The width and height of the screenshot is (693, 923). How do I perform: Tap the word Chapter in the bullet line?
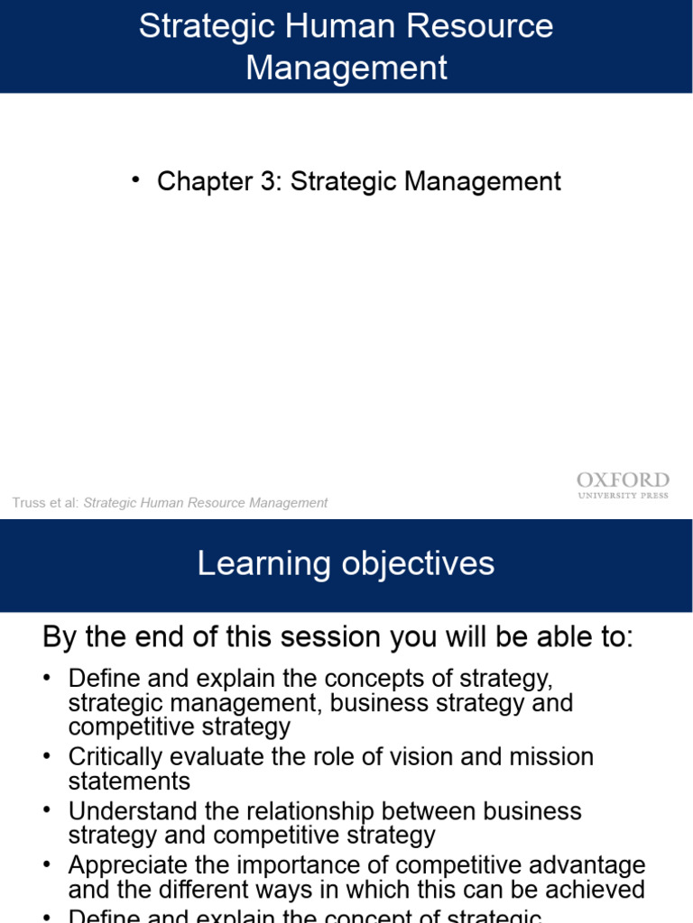[x=205, y=181]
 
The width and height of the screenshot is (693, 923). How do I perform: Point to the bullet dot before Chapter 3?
[x=136, y=180]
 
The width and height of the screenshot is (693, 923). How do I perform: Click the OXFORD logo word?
[x=623, y=480]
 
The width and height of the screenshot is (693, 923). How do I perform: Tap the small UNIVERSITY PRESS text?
[x=623, y=496]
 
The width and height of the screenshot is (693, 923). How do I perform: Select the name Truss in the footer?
[x=28, y=503]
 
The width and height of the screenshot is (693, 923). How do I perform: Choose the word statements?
[x=129, y=781]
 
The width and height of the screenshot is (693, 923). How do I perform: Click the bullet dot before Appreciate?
[x=48, y=864]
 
